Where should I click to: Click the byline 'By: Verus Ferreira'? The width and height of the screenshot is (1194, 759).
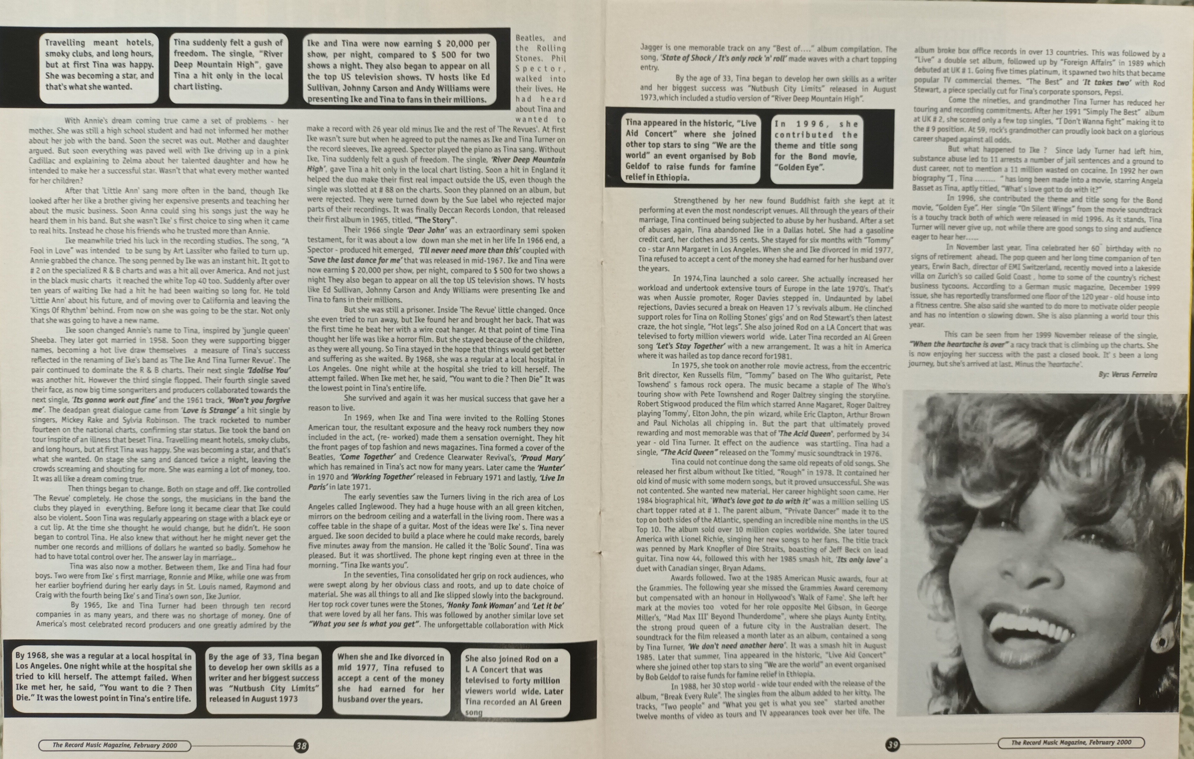coord(1127,374)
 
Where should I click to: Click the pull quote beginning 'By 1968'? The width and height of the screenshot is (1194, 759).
coord(103,677)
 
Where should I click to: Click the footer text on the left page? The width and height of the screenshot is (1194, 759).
coord(114,745)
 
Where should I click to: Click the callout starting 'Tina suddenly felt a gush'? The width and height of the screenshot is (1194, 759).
coord(228,64)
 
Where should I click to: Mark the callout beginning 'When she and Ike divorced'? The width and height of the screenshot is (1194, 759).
coord(391,678)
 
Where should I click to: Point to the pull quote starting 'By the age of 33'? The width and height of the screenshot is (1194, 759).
coord(264,678)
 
